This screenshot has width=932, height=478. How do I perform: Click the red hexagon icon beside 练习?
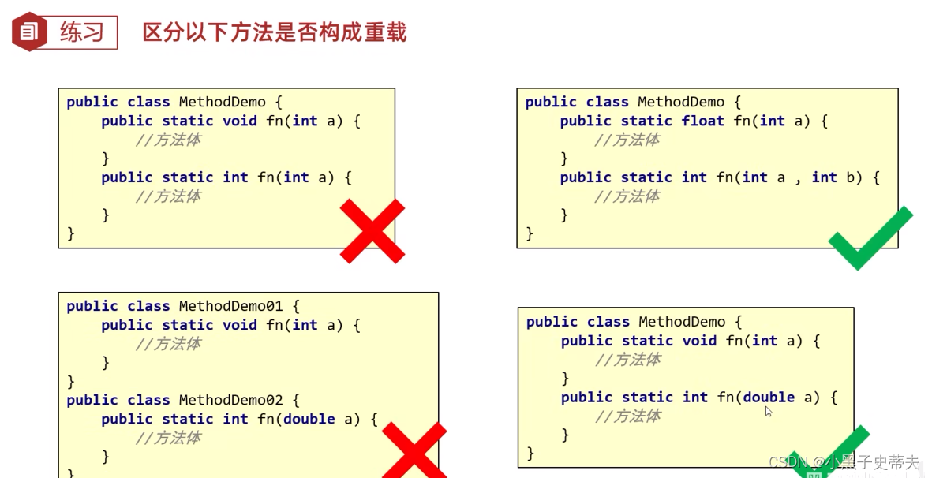[29, 32]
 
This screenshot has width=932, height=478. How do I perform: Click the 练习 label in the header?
[82, 32]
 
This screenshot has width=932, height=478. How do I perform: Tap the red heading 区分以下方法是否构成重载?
[274, 32]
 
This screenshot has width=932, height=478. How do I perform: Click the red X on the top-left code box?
[372, 230]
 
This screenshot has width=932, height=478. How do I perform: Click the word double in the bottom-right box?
[769, 398]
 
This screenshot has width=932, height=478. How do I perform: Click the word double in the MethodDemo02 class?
[309, 419]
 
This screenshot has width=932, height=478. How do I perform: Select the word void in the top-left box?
[240, 121]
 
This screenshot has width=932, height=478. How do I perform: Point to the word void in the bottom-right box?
[699, 341]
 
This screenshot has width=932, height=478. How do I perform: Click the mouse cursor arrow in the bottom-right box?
[769, 411]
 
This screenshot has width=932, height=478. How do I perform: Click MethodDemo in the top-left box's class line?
[222, 102]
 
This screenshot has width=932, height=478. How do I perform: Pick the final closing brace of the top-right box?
[530, 233]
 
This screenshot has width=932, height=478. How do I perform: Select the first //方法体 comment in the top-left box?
[168, 140]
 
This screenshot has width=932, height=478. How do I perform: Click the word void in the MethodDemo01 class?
[240, 325]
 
